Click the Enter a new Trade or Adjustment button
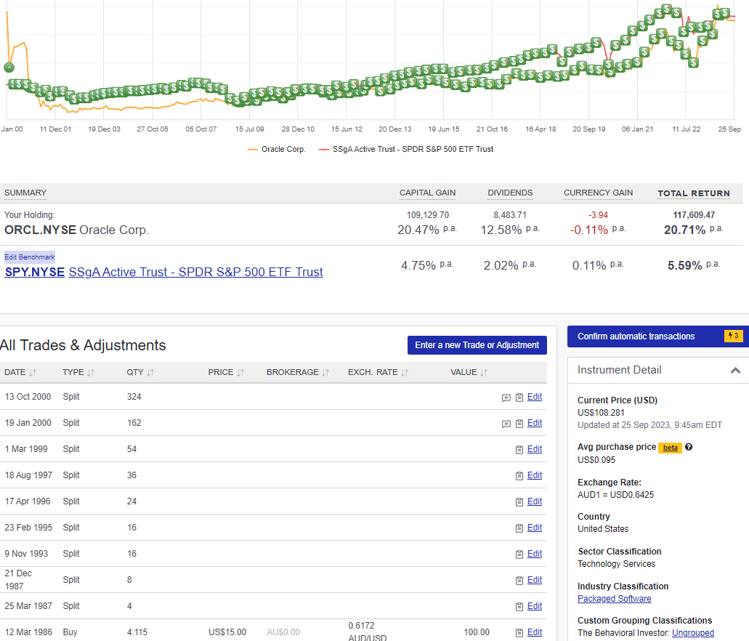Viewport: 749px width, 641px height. tap(477, 345)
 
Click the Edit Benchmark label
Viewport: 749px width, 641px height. tap(30, 257)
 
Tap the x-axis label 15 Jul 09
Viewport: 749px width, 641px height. tap(249, 129)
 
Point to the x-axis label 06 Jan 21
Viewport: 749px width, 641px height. tap(637, 129)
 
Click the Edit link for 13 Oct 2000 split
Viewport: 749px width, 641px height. tap(535, 397)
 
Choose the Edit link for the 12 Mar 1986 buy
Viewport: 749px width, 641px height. tap(535, 632)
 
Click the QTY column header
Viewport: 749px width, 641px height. tap(135, 372)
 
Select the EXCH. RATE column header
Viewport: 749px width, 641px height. tap(373, 372)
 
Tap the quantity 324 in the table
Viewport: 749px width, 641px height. tap(134, 397)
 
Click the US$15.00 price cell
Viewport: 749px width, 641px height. tap(227, 632)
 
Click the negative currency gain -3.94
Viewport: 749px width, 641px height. tap(599, 215)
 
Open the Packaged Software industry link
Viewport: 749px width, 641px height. tap(614, 599)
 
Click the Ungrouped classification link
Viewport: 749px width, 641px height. tap(692, 633)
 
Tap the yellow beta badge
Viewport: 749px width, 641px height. tap(670, 448)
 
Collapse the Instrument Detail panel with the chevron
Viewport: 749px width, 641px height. tap(735, 371)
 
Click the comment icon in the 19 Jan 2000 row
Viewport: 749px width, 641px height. tap(506, 424)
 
